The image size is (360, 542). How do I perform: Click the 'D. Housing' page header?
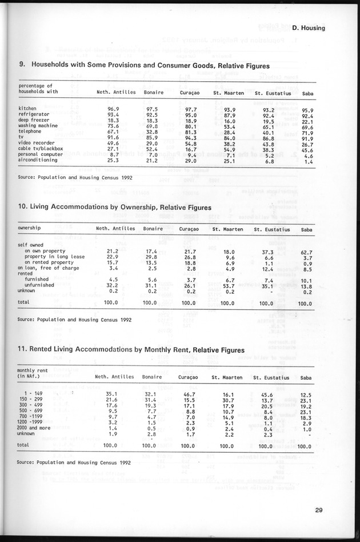click(x=311, y=27)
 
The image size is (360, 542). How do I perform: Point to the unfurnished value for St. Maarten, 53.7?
click(x=229, y=285)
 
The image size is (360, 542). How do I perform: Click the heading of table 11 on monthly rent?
click(x=131, y=350)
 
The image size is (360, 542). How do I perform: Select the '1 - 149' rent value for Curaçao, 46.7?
click(x=189, y=394)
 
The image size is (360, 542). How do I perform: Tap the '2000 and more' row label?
click(x=36, y=427)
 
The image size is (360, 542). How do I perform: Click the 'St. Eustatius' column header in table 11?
click(x=272, y=377)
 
